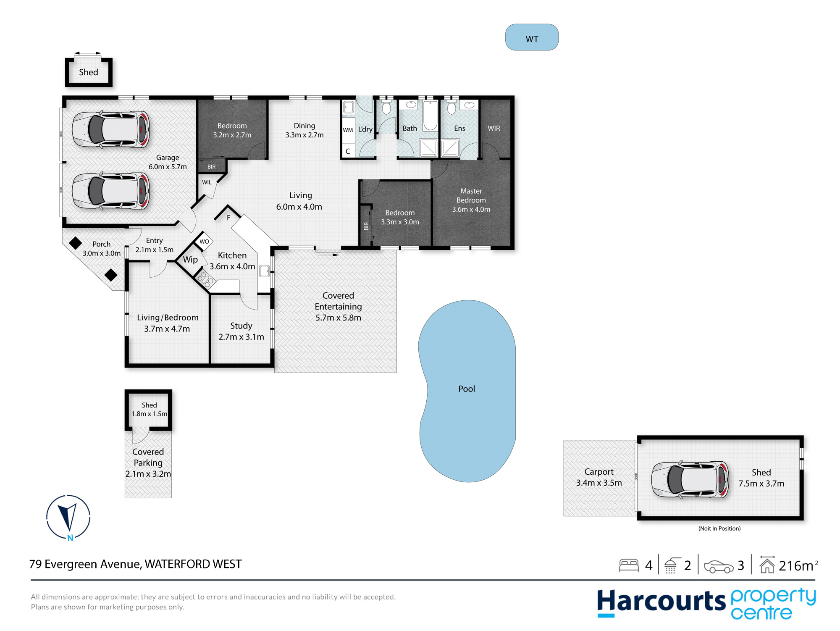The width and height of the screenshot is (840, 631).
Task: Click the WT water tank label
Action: tap(532, 39)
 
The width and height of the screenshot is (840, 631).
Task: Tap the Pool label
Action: tap(467, 389)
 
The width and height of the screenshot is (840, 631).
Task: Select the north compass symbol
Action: tap(68, 518)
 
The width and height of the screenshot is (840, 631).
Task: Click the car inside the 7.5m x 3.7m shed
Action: tap(690, 479)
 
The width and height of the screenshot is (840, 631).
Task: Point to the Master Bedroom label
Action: tap(471, 195)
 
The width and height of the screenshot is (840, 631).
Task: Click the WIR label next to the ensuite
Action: tap(494, 128)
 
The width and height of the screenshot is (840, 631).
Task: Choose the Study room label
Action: tap(241, 326)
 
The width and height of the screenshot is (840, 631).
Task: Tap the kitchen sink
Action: tap(264, 271)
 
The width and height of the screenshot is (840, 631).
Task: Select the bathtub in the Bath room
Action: tap(430, 116)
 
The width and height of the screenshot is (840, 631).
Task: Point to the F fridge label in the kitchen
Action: tap(228, 218)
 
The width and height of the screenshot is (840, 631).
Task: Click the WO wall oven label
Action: tap(204, 242)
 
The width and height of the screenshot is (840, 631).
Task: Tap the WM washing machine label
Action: tap(348, 130)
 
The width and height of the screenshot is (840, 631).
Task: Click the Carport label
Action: tap(599, 472)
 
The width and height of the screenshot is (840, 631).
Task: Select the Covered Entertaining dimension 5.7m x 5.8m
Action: tap(338, 318)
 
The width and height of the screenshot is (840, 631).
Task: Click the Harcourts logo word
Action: tap(661, 602)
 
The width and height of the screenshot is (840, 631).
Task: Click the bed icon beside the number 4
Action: tap(629, 565)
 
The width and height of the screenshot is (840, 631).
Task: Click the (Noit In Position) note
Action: tap(719, 528)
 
